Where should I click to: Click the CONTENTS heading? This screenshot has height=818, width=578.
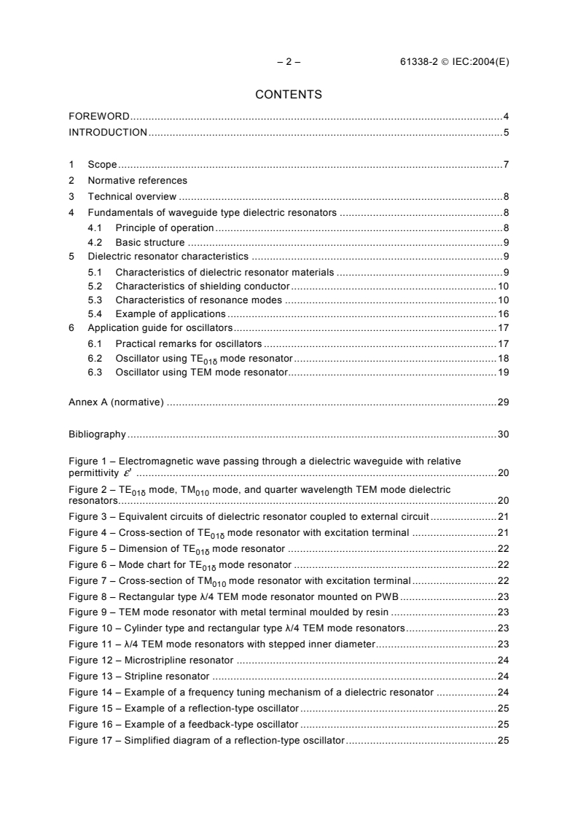[x=289, y=94]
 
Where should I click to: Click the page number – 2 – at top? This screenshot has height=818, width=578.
[x=289, y=62]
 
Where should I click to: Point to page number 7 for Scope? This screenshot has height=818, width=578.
[x=506, y=165]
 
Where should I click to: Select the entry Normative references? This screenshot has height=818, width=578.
[x=138, y=180]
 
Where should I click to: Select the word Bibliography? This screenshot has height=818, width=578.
[x=98, y=435]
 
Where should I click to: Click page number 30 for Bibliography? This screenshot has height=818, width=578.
[x=503, y=435]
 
